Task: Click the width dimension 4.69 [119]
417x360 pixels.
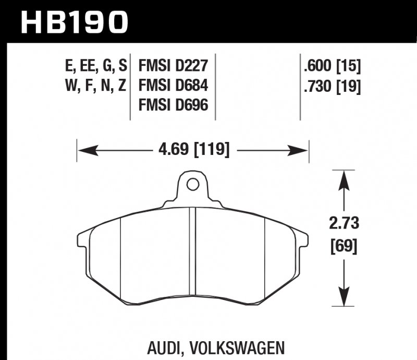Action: pyautogui.click(x=193, y=150)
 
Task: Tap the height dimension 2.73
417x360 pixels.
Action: pyautogui.click(x=345, y=224)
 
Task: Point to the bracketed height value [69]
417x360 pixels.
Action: pyautogui.click(x=345, y=245)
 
